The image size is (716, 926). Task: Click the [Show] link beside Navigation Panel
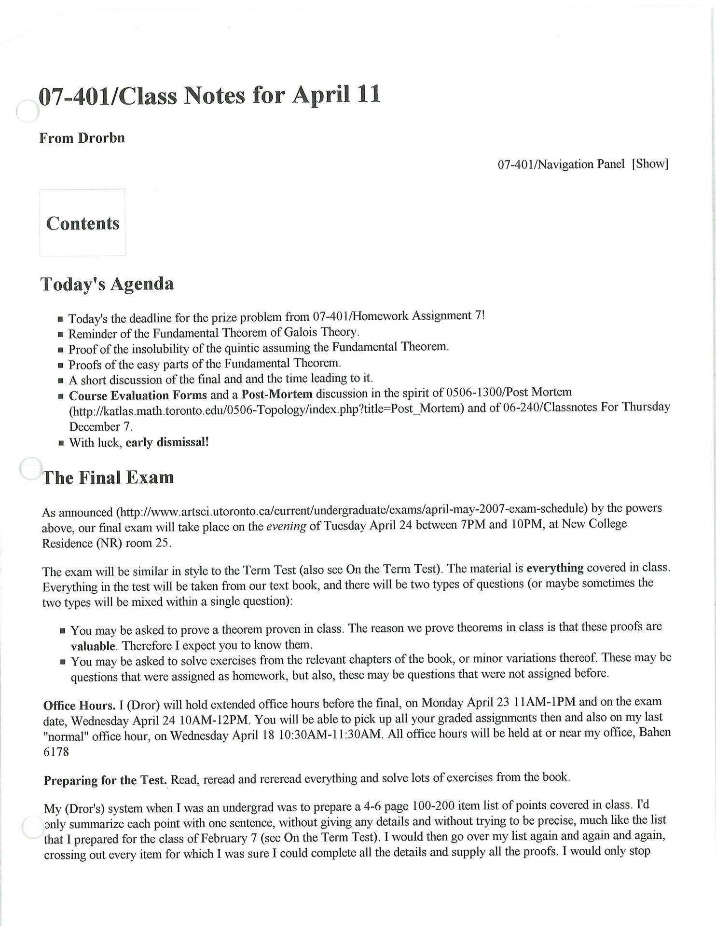click(x=649, y=164)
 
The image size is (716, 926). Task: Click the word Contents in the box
click(x=83, y=223)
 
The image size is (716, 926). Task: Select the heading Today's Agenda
click(x=107, y=284)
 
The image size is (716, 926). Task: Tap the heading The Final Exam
click(x=109, y=477)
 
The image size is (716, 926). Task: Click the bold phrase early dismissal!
click(x=167, y=442)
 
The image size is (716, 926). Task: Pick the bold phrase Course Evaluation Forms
click(x=138, y=395)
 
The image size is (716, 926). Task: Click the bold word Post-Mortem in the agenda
click(x=277, y=394)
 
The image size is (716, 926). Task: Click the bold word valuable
click(x=93, y=646)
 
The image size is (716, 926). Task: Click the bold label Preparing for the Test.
click(x=105, y=780)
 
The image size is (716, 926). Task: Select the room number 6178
click(x=56, y=752)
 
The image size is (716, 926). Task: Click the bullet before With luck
click(x=61, y=443)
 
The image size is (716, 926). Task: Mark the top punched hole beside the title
click(x=27, y=111)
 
